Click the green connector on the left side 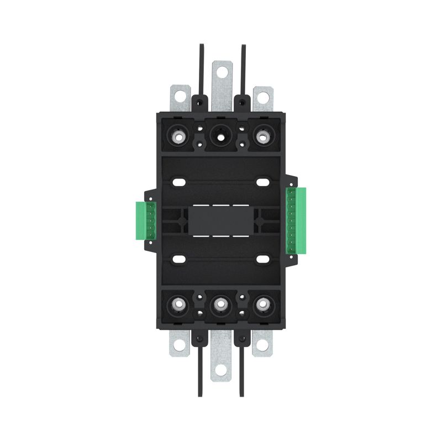pos(146,220)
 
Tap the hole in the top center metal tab pos(221,71)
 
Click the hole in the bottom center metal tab pos(221,371)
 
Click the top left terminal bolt pos(180,135)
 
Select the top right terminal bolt pos(262,135)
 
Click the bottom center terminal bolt pos(221,303)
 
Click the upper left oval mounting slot pos(180,182)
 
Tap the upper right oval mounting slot pos(262,182)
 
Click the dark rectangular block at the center pos(221,220)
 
